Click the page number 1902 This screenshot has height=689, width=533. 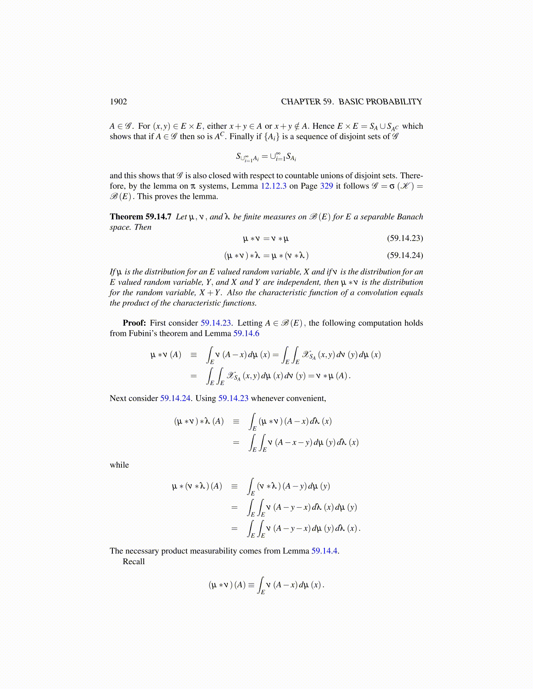(118, 102)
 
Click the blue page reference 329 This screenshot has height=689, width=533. (327, 186)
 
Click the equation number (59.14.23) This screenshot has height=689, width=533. (405, 238)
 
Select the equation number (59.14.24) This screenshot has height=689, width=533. (405, 255)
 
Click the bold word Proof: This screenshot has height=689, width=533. (134, 323)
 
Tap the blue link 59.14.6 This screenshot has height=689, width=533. (246, 334)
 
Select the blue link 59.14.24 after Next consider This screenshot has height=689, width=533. (175, 398)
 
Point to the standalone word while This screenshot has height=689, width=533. (119, 465)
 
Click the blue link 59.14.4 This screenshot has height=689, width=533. (324, 551)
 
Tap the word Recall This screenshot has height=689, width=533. (134, 562)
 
